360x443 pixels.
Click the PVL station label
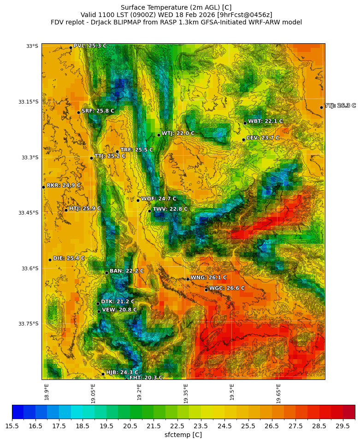coord(90,46)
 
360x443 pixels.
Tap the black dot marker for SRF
coord(78,112)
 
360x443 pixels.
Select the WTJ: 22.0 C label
coord(178,134)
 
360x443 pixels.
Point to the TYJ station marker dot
coord(321,107)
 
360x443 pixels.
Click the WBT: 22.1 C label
coord(265,122)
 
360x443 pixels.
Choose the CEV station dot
coord(243,140)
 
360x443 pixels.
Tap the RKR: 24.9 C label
coord(63,186)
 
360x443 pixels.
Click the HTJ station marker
coord(66,210)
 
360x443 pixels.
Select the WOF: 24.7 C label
coord(159,199)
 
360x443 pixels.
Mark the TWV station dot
coord(149,211)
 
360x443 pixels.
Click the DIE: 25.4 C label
coord(69,259)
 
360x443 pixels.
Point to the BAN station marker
coord(106,273)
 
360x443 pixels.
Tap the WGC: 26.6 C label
coord(227,288)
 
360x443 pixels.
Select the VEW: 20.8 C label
coord(119,310)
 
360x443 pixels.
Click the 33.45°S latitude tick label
coord(28,213)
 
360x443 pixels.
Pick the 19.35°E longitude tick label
coord(186,393)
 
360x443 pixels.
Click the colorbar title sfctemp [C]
coord(183,435)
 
